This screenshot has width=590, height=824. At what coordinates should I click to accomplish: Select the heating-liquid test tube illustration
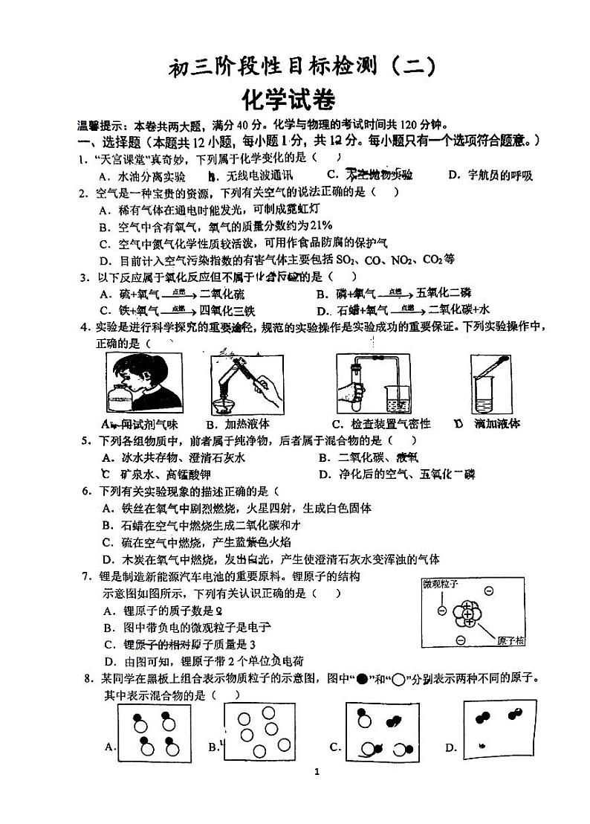click(x=238, y=383)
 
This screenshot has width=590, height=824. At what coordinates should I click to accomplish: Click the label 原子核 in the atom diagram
click(x=511, y=640)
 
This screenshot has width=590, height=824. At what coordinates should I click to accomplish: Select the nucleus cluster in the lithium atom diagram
click(x=466, y=614)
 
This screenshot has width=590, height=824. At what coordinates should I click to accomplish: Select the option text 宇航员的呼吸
click(x=500, y=176)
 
